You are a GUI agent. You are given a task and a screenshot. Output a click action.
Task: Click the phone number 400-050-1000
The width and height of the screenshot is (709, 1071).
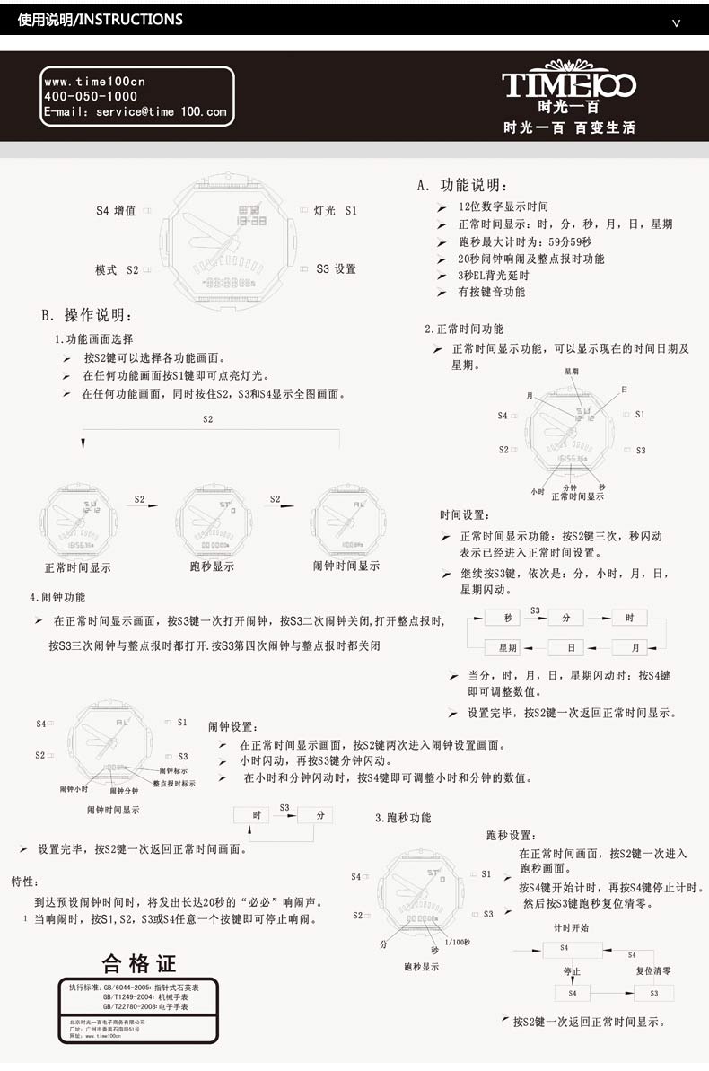point(91,96)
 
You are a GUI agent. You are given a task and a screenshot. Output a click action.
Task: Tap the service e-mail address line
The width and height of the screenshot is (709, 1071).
point(136,112)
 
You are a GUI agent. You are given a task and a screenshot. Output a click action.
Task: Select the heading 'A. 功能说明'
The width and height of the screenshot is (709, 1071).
point(463,186)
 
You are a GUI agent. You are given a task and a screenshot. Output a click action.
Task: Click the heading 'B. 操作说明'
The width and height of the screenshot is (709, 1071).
point(87,315)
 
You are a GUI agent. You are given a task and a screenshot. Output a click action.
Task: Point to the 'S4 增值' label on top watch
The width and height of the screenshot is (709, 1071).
point(116,211)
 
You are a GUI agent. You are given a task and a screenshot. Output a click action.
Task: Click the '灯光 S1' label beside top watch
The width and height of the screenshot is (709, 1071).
point(336,211)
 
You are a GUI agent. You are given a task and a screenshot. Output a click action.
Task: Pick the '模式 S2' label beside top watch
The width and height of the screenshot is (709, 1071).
point(117,269)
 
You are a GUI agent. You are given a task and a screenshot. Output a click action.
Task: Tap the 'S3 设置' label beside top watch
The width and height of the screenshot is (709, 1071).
point(337,268)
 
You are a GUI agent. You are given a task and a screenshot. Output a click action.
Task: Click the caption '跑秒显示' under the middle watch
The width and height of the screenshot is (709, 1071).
point(213,566)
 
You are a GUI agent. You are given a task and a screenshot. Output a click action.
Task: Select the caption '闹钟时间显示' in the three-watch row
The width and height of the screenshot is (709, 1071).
point(346,566)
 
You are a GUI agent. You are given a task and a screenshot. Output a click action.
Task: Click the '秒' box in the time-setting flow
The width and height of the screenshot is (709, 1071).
point(508,618)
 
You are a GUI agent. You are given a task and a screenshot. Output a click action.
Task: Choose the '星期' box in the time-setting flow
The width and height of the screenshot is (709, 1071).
point(508,647)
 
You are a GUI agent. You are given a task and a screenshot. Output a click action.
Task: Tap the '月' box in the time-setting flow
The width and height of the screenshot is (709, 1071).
point(635,647)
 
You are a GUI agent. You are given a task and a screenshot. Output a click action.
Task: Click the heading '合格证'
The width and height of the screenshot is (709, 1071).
point(139,964)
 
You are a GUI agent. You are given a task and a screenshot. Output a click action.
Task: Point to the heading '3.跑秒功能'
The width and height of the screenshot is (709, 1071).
point(403,818)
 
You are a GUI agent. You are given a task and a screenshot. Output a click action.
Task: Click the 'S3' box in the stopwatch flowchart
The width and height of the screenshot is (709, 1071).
point(653,993)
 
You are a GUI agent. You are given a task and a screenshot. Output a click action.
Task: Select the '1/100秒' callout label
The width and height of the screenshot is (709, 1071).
point(457,941)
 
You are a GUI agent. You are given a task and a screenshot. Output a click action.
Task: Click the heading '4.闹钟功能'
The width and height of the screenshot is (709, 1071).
point(58,597)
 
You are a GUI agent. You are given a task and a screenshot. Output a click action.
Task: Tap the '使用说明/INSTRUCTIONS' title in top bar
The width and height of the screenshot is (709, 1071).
point(100,19)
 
